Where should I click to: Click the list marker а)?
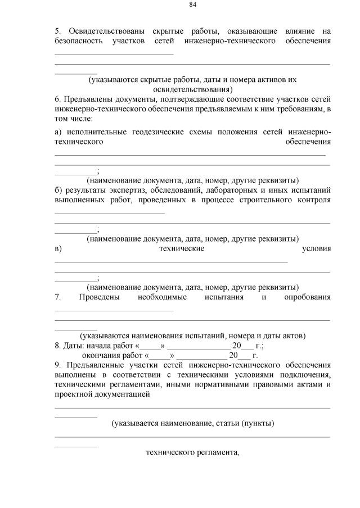(x=58, y=132)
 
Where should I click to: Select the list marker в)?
(x=58, y=248)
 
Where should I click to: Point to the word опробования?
(x=308, y=297)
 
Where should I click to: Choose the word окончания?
(x=103, y=356)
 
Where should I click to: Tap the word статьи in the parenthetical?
(x=226, y=423)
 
